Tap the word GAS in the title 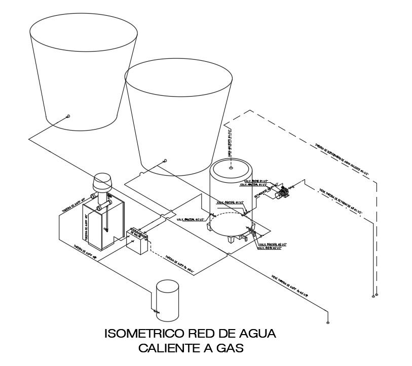point(229,348)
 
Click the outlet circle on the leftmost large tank point(68,116)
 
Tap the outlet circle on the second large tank point(164,161)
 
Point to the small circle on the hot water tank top point(231,167)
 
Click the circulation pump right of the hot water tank point(282,192)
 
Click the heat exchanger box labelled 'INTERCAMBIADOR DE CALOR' point(137,241)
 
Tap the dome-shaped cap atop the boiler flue point(103,181)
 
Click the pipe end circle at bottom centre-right point(329,321)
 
